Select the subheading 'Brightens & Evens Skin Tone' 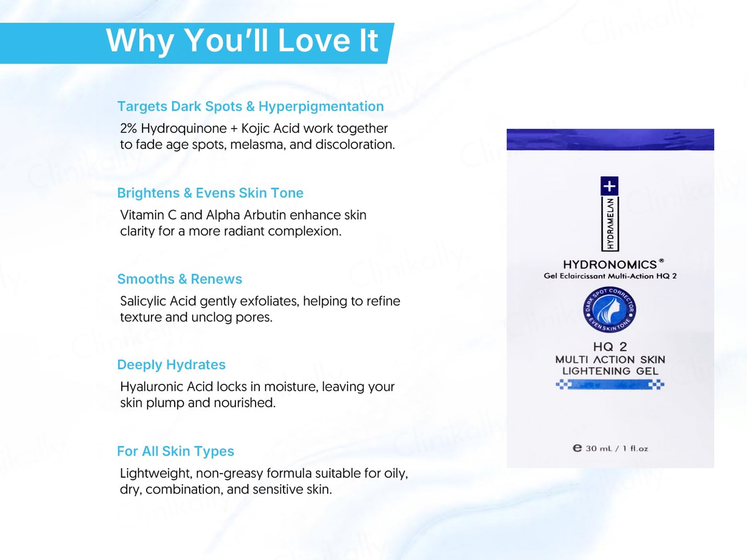pos(210,193)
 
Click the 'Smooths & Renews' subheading pos(180,279)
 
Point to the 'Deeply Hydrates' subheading pos(171,365)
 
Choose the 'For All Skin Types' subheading pos(176,451)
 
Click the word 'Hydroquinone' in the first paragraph pos(184,129)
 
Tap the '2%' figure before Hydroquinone pos(128,129)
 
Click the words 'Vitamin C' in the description pos(148,215)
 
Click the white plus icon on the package pos(609,186)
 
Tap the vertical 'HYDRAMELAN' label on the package pos(610,223)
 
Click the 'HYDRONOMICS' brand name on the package pos(610,265)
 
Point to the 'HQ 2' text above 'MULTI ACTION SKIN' pos(610,347)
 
